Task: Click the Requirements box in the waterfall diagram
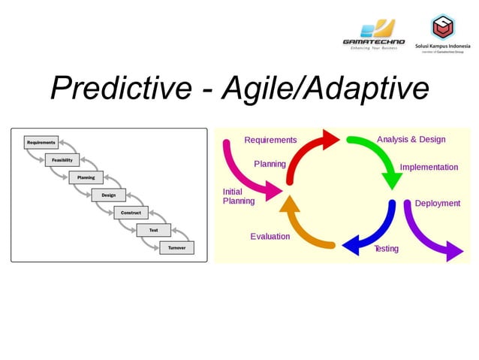tap(41, 142)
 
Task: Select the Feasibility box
tap(62, 160)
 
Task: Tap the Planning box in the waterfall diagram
tap(86, 178)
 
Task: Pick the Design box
tap(108, 195)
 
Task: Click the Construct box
tap(131, 213)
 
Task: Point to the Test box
tap(153, 230)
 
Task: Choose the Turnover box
tap(176, 248)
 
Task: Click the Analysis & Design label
tap(411, 140)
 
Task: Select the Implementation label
tap(429, 167)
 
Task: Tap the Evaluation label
tap(270, 236)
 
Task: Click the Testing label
tap(386, 249)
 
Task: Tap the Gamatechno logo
tap(373, 34)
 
